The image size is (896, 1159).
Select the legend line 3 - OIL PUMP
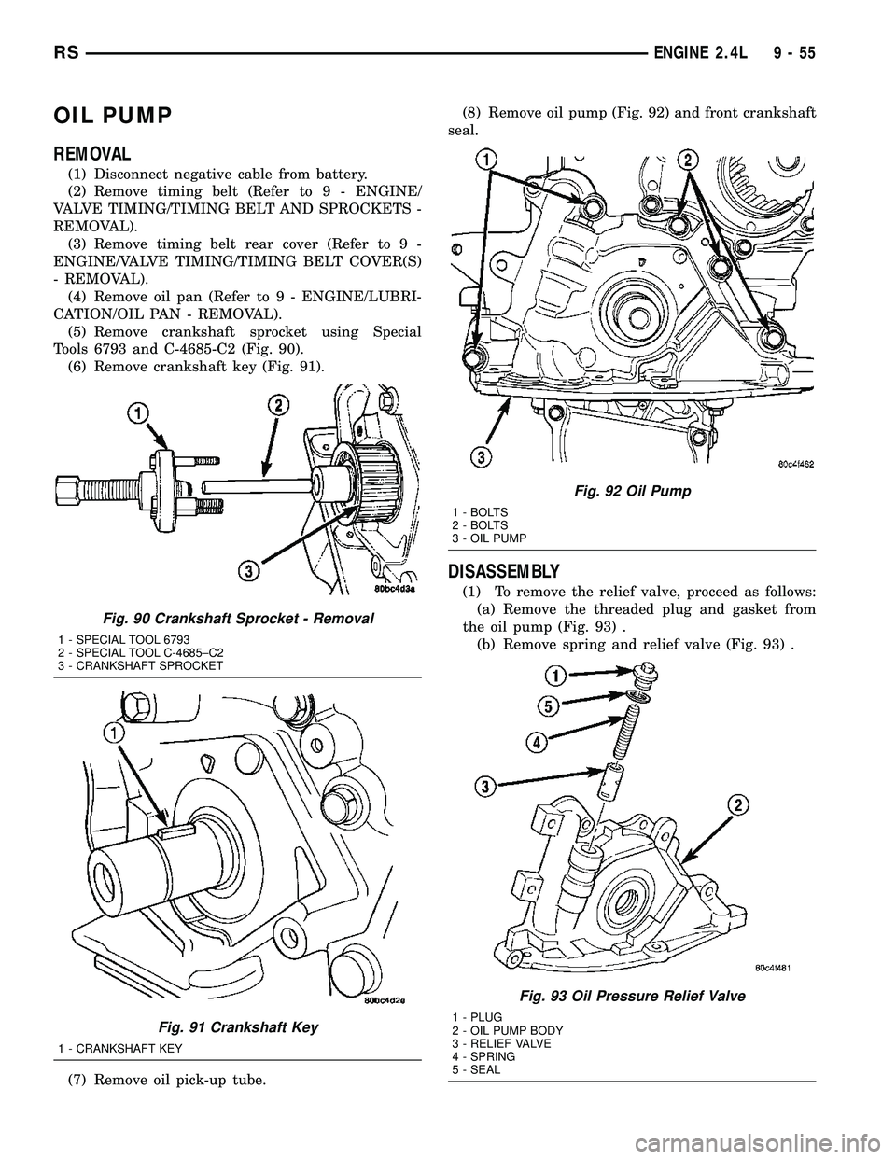point(488,538)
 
